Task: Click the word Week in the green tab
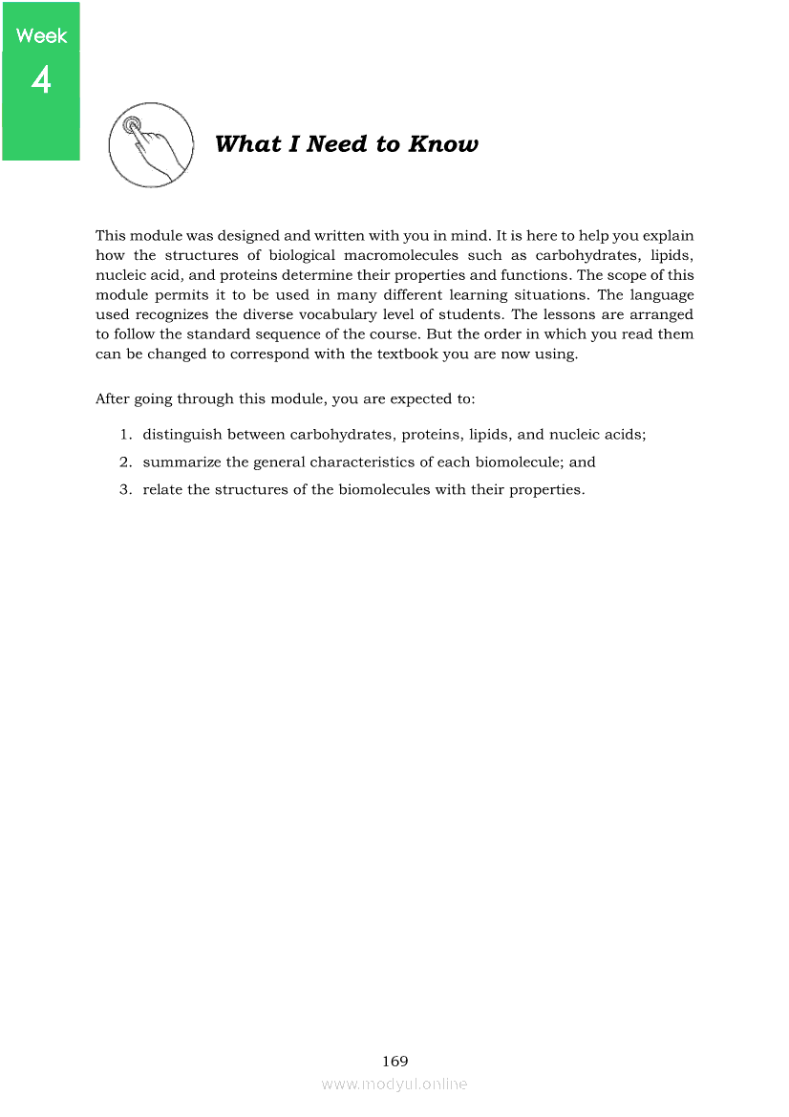click(42, 36)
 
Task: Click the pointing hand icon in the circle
click(151, 146)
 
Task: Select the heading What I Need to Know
click(346, 144)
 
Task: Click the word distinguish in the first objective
click(182, 434)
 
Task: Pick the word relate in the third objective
click(162, 489)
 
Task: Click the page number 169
click(394, 1061)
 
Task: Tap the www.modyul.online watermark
click(394, 1084)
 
